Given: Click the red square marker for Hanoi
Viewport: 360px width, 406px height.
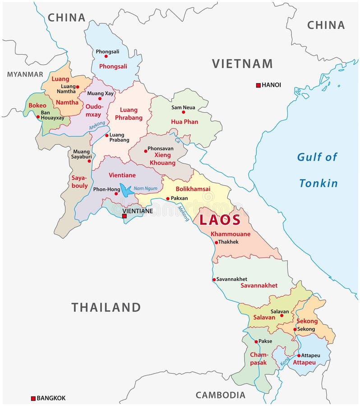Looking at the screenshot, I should (258, 85).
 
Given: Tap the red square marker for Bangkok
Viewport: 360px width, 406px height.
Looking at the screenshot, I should (33, 398).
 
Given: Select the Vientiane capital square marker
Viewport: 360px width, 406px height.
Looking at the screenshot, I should (125, 217).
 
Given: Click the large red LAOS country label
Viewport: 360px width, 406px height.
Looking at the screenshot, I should (220, 220).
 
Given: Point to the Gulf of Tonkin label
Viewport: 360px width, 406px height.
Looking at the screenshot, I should (317, 170).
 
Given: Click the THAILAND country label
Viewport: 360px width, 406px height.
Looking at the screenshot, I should (106, 308).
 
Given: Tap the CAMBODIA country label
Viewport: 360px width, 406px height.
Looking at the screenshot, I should (221, 395).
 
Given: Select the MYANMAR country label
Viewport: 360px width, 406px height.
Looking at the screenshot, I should (25, 74).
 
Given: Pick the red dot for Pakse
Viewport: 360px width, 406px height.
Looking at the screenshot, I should (256, 341).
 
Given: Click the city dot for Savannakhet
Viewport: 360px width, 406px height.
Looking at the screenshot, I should (214, 279).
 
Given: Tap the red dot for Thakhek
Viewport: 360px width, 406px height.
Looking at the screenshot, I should (216, 242).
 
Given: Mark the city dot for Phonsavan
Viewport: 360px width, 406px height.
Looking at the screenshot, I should (145, 151).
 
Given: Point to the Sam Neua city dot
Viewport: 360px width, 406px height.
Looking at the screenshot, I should (183, 113).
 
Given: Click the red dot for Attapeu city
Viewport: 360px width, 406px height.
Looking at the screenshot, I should (299, 355).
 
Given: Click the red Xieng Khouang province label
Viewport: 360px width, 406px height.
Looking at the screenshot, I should (162, 159).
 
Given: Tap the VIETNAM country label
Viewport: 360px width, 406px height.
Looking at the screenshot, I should (242, 64).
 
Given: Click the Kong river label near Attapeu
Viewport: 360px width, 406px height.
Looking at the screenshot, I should (285, 362).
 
